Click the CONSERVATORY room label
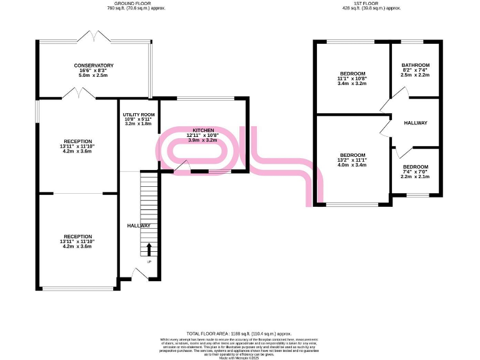(x=94, y=66)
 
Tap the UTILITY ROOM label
(x=139, y=115)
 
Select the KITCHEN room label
(x=204, y=130)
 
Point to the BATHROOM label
(x=416, y=66)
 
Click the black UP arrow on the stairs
(x=149, y=249)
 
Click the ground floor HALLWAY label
(x=139, y=226)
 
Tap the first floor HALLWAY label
(x=416, y=123)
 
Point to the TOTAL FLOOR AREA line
(x=239, y=334)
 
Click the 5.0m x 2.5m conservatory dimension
(x=94, y=76)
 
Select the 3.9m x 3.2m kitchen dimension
(x=204, y=141)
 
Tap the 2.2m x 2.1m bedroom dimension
(x=416, y=177)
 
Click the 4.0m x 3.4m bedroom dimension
(x=352, y=166)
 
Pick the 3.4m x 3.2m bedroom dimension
(x=352, y=83)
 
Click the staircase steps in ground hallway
(x=149, y=206)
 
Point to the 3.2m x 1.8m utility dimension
(x=139, y=124)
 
